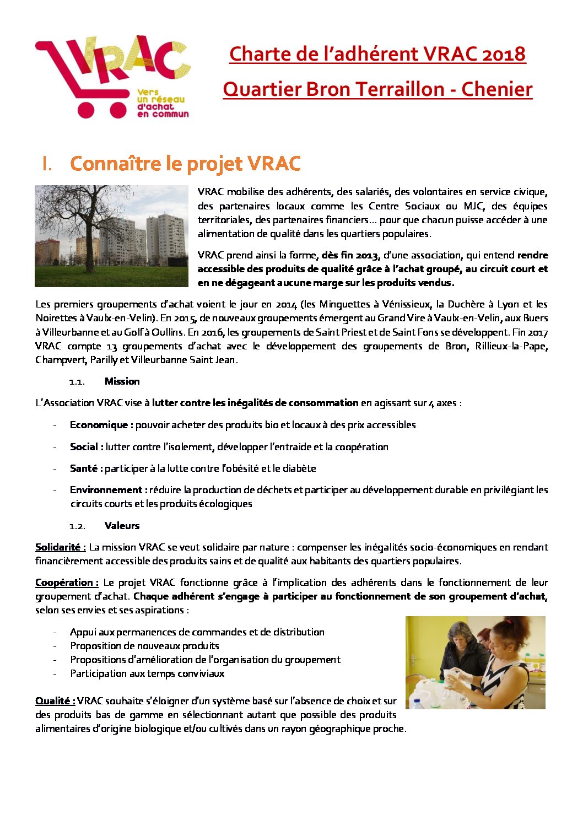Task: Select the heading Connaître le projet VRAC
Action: coord(185,164)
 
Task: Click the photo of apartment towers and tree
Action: coord(111,236)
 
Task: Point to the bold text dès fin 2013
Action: coord(351,255)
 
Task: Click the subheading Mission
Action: coord(122,381)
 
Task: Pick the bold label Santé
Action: coord(86,468)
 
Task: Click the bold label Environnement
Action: coord(108,490)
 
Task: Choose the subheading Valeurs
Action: coord(122,526)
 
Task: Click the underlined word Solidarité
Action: coord(60,547)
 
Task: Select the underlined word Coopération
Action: coord(67,583)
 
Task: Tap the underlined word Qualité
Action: coord(55,701)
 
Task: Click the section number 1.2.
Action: coord(77,526)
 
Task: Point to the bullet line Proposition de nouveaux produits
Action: coord(144,646)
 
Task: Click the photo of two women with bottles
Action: coord(475,662)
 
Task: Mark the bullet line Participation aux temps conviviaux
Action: coord(147,673)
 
